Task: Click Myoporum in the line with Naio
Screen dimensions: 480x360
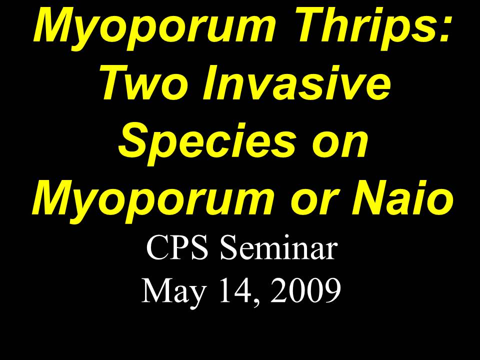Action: (x=153, y=199)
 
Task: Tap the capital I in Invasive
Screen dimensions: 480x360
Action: (x=211, y=82)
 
